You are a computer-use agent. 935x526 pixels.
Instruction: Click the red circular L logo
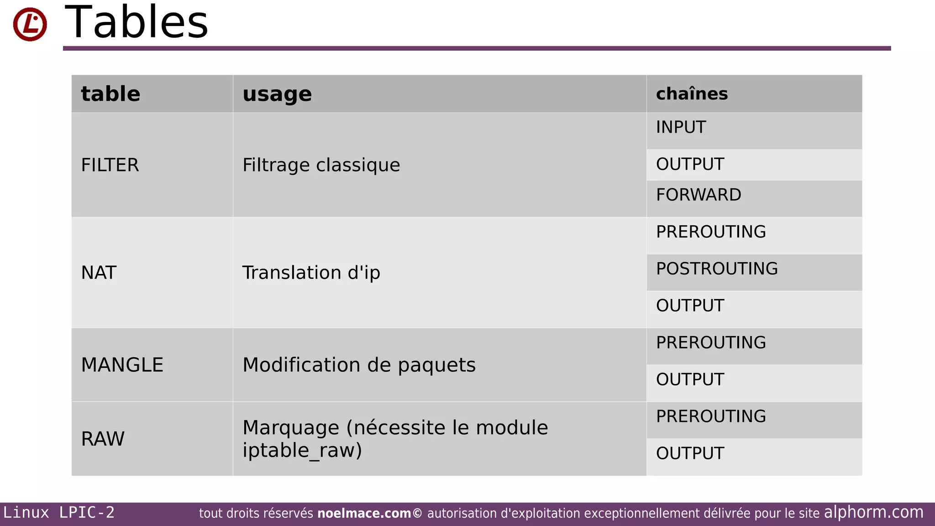(30, 24)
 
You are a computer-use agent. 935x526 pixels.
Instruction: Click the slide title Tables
(137, 22)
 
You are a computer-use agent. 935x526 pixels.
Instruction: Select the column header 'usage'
(277, 94)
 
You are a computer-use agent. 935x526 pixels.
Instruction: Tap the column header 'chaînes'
(692, 94)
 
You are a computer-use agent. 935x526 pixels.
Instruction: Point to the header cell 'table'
(110, 94)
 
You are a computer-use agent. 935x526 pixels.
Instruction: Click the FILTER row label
(110, 165)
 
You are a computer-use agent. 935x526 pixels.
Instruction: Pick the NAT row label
(99, 273)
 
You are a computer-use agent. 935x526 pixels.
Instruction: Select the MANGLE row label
(122, 365)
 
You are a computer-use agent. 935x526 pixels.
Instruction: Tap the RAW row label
(103, 439)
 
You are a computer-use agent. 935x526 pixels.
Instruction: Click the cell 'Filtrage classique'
(321, 165)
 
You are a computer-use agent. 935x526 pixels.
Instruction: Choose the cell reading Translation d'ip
(311, 273)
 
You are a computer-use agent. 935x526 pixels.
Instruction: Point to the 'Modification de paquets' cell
(359, 365)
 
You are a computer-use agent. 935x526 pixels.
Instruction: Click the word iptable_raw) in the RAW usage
(302, 450)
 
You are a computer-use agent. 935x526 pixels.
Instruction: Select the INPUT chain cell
(681, 127)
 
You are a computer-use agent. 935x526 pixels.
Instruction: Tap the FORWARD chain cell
(699, 195)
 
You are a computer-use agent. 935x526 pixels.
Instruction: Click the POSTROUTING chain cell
(717, 268)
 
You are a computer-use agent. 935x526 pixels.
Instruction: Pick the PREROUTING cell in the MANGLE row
(711, 342)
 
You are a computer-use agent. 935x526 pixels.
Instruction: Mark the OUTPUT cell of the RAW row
(690, 453)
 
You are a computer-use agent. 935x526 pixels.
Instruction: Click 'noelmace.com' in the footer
(364, 513)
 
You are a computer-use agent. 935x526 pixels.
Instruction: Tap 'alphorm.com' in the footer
(873, 512)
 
